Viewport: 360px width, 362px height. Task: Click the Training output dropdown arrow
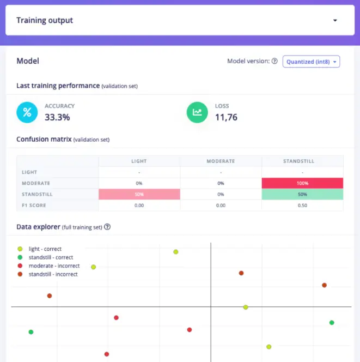(x=335, y=21)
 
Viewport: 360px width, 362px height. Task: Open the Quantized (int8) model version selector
(x=311, y=62)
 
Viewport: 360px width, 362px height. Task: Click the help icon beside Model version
(x=274, y=62)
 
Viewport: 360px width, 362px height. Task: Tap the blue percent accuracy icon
(x=27, y=112)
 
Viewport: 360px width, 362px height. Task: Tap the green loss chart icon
(x=197, y=112)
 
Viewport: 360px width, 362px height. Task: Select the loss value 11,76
(x=226, y=117)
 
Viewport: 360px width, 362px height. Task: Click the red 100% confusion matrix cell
(x=302, y=183)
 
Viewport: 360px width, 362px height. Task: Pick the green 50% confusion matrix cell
(x=302, y=194)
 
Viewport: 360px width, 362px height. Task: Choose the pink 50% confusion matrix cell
(x=139, y=194)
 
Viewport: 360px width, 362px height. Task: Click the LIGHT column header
(x=139, y=161)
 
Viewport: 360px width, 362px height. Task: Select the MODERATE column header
(x=221, y=161)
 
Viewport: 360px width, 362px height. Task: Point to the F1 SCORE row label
(x=34, y=205)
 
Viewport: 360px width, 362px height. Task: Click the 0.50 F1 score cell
(x=302, y=205)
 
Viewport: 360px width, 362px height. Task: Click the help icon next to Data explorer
(x=107, y=227)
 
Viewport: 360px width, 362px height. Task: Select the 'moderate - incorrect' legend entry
(x=53, y=266)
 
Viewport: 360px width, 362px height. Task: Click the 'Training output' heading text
(x=45, y=21)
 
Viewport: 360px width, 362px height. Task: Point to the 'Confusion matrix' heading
(x=44, y=139)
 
